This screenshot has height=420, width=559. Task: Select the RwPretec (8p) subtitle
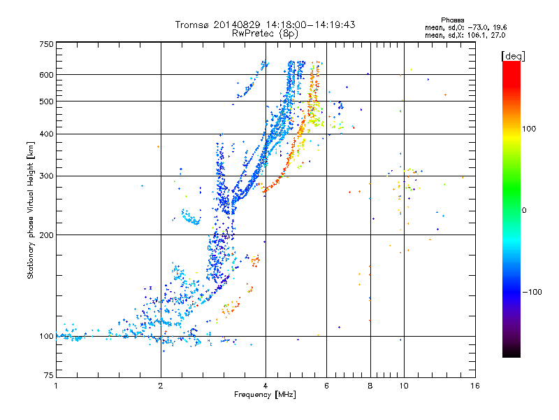pos(265,34)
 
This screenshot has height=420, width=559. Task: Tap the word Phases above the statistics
pos(452,20)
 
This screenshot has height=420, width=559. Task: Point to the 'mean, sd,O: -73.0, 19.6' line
pos(465,27)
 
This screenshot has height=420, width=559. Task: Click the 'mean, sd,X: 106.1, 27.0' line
pos(465,35)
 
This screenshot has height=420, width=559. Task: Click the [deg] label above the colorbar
pos(513,56)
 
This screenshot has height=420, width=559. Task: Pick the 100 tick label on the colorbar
pos(529,129)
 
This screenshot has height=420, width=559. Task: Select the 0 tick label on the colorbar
pos(524,211)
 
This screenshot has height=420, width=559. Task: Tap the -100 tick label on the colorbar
pos(532,292)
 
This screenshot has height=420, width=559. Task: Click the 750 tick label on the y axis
pos(46,44)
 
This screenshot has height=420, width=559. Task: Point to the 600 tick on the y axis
pos(46,75)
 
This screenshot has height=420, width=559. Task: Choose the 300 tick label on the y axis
pos(46,176)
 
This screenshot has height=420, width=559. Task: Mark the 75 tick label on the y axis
pos(49,375)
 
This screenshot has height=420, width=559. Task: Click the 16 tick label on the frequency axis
pos(475,386)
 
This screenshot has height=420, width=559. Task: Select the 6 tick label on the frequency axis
pos(326,386)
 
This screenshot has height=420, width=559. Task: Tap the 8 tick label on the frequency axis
pos(370,386)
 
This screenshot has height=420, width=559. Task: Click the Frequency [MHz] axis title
pos(265,395)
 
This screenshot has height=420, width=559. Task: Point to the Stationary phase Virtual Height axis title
pos(30,211)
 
